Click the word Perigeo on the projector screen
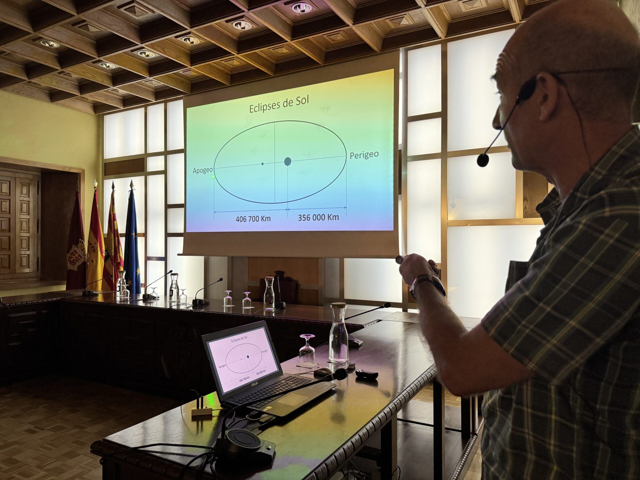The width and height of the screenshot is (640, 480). (364, 155)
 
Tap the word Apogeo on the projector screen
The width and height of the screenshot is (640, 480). (202, 170)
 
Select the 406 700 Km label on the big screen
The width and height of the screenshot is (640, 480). (253, 219)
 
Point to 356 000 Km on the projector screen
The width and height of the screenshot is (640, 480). (318, 217)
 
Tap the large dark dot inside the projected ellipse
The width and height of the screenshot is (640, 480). (287, 161)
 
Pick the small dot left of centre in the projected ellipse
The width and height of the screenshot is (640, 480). (262, 164)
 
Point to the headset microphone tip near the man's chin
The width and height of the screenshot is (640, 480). (482, 160)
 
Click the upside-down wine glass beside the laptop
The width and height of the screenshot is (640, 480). (307, 350)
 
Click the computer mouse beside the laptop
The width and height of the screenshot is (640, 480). (322, 371)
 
